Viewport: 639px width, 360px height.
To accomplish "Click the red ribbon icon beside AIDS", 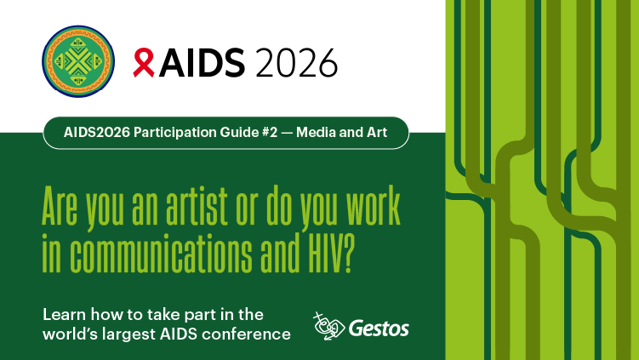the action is coord(144,62).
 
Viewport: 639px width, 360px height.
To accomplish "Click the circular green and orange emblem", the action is coord(78,61).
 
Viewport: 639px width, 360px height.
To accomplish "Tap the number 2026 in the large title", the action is coord(297,62).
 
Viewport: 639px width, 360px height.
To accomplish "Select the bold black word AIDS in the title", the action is coord(203,62).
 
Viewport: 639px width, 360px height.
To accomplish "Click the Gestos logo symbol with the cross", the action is coord(329,326).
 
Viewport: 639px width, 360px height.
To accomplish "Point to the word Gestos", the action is coord(379,329).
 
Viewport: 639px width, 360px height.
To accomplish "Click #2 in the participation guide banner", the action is coord(270,132).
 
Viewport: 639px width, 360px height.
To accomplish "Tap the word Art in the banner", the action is coord(378,132).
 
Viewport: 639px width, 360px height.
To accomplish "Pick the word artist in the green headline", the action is coord(197,205).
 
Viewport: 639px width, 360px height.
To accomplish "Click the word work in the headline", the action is coord(374,205).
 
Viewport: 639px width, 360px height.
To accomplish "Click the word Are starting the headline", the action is coord(60,205).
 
